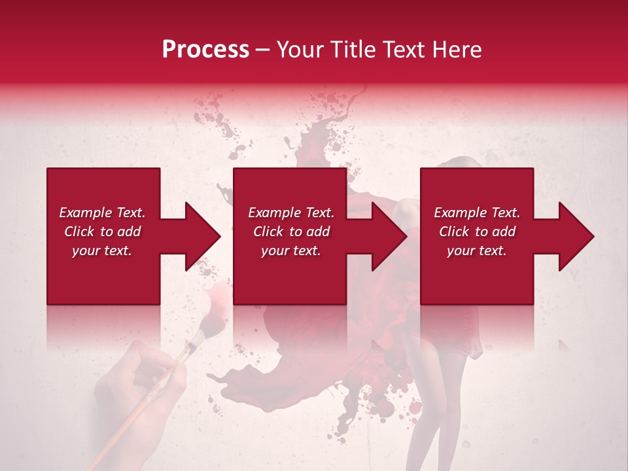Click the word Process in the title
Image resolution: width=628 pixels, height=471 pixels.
click(205, 50)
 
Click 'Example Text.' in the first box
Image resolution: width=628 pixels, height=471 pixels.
click(102, 213)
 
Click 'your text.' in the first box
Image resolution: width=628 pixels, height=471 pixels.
click(102, 251)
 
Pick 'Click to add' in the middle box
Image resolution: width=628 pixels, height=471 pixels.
click(291, 232)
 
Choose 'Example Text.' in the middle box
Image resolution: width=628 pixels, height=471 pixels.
click(291, 213)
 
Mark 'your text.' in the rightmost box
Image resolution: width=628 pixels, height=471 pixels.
click(477, 251)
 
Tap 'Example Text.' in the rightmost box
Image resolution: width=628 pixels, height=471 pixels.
click(477, 213)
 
